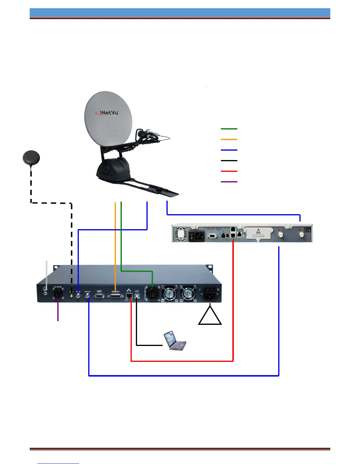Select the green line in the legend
tap(229, 129)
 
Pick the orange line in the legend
tap(229, 139)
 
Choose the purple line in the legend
tap(229, 182)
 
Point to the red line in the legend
tap(229, 171)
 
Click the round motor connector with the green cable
tap(153, 293)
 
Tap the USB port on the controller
tap(137, 296)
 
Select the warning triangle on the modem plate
tap(258, 231)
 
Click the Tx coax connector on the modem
tap(301, 234)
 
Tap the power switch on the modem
tap(192, 236)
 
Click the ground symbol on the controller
tap(46, 289)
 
